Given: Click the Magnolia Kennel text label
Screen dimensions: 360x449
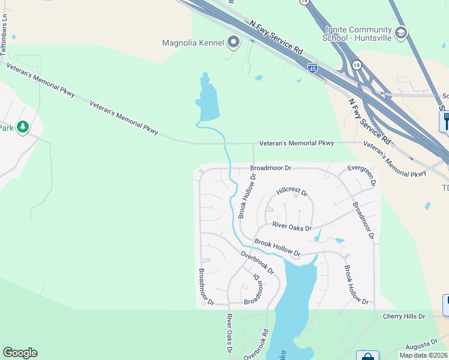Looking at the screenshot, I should click(x=192, y=42).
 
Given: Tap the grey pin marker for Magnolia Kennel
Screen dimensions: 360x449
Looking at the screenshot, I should click(x=234, y=42).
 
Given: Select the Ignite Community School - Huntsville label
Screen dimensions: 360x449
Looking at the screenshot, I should click(x=358, y=34).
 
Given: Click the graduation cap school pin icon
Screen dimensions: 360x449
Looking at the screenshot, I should click(x=401, y=32).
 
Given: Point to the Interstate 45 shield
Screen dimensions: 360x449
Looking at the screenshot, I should click(x=312, y=68).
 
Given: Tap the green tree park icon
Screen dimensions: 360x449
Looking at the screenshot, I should click(x=23, y=127).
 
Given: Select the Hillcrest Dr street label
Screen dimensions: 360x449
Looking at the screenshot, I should click(x=292, y=193).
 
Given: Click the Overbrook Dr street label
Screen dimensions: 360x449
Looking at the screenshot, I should click(x=258, y=262).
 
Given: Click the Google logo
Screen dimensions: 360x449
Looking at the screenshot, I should click(x=20, y=353).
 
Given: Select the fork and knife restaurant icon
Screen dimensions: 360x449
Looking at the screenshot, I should click(x=445, y=122).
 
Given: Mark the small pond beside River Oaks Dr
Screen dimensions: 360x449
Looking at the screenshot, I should click(x=340, y=241).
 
